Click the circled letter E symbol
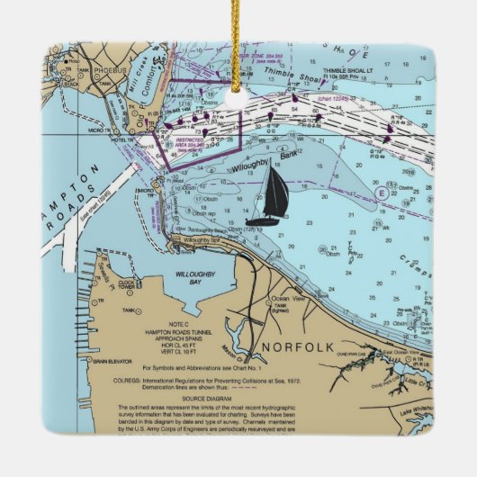382,193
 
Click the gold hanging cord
238,36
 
